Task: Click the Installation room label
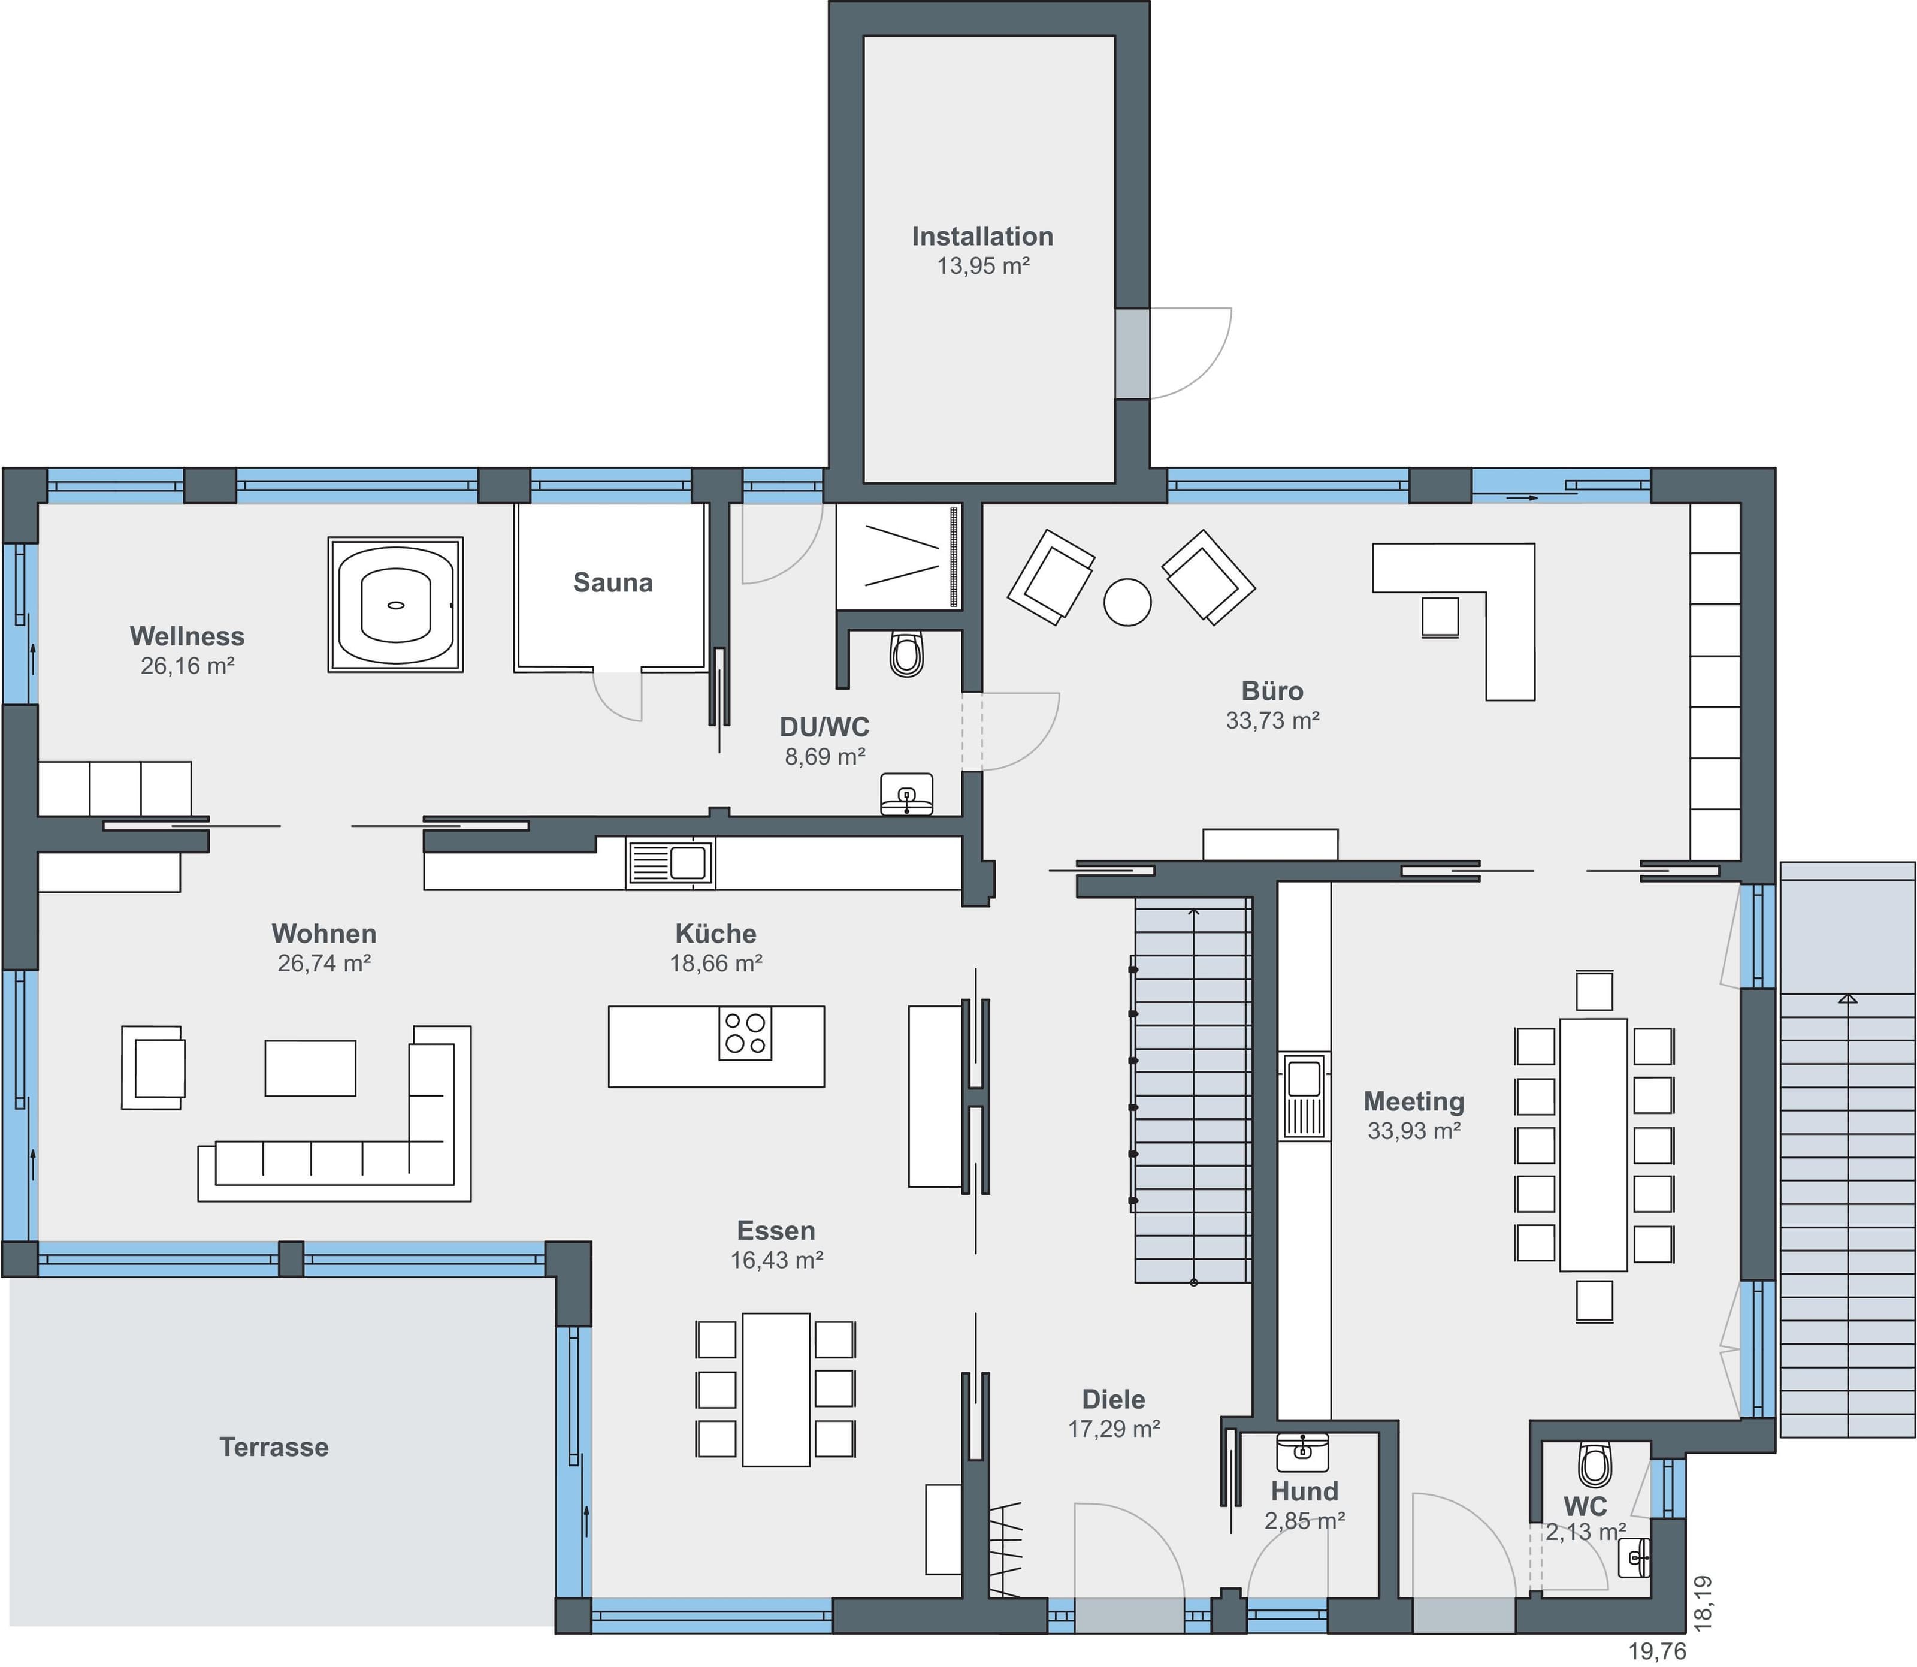(x=982, y=236)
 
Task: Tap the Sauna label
(x=613, y=582)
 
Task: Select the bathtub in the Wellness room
(x=395, y=605)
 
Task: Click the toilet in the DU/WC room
(x=907, y=653)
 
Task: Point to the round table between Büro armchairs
(x=1127, y=602)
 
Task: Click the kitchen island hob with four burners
(x=745, y=1034)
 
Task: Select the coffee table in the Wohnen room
(x=310, y=1068)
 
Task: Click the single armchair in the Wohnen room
(x=153, y=1068)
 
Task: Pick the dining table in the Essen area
(x=776, y=1390)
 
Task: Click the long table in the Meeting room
(x=1594, y=1145)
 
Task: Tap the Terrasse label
(x=273, y=1448)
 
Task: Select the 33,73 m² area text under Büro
(x=1272, y=720)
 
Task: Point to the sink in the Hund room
(x=1302, y=1453)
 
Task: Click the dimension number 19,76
(x=1656, y=1651)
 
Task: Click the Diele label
(x=1114, y=1399)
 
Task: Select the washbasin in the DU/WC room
(x=907, y=793)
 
